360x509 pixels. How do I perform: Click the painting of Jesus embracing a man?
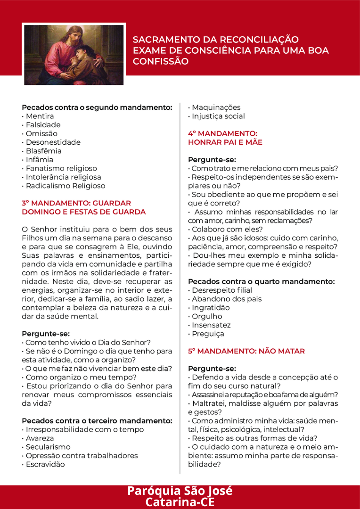tap(74, 55)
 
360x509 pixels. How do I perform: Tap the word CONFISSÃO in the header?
tap(161, 61)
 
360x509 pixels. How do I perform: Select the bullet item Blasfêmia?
tap(43, 151)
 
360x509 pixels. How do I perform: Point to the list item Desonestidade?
tap(53, 142)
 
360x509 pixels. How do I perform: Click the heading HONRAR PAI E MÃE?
tap(225, 142)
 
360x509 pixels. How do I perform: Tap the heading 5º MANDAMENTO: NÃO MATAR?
tap(246, 351)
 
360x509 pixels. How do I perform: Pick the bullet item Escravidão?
tap(45, 464)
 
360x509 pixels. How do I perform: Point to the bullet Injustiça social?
tap(218, 116)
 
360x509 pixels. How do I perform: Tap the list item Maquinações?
tap(216, 107)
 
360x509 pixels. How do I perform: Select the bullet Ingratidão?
tap(211, 308)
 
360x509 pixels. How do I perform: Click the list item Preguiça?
tap(208, 334)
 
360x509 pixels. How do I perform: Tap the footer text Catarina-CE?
tap(180, 501)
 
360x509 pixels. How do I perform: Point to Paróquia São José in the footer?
tap(180, 491)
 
